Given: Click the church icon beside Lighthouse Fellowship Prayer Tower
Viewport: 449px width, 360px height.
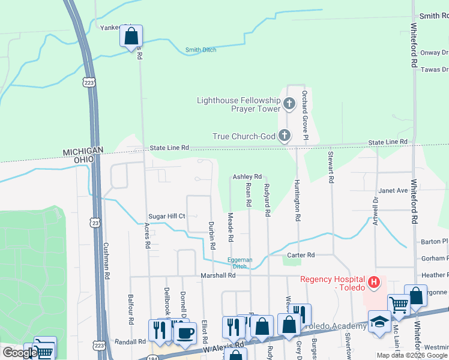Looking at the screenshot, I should [x=289, y=104].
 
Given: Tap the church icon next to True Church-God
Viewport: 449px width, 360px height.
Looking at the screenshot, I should [x=284, y=136].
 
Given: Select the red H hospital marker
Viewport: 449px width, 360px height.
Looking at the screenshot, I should [x=375, y=281].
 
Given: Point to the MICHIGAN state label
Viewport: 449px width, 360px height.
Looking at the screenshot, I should [x=83, y=150].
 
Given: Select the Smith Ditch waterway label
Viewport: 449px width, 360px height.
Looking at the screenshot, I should [x=201, y=50].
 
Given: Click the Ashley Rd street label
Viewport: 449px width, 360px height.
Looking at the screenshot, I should [x=247, y=176].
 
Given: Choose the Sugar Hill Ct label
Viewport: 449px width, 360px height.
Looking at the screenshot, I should [x=167, y=216].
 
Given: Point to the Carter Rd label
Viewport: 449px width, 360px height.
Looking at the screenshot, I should [x=301, y=255].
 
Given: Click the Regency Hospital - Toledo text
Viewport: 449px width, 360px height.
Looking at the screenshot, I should [x=333, y=283].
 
